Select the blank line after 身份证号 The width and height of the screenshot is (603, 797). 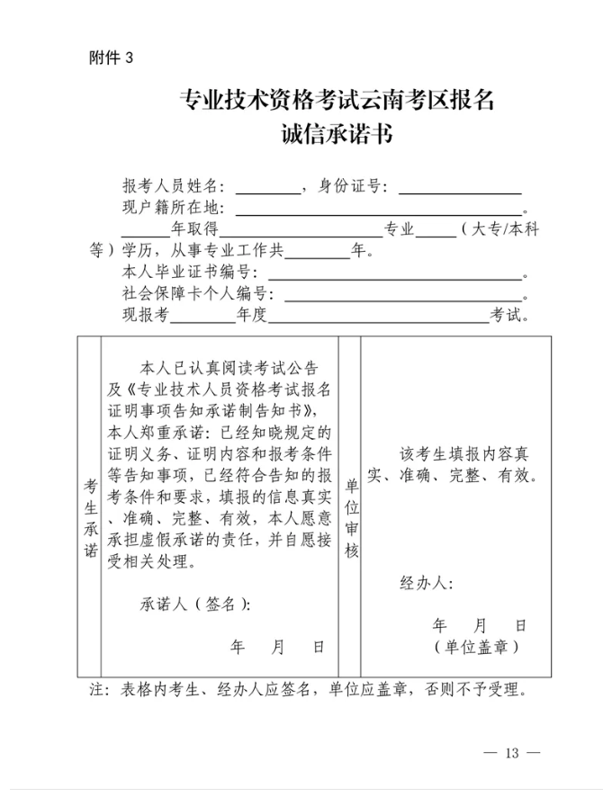[x=460, y=187]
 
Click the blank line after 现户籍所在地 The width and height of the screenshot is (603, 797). [x=378, y=209]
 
